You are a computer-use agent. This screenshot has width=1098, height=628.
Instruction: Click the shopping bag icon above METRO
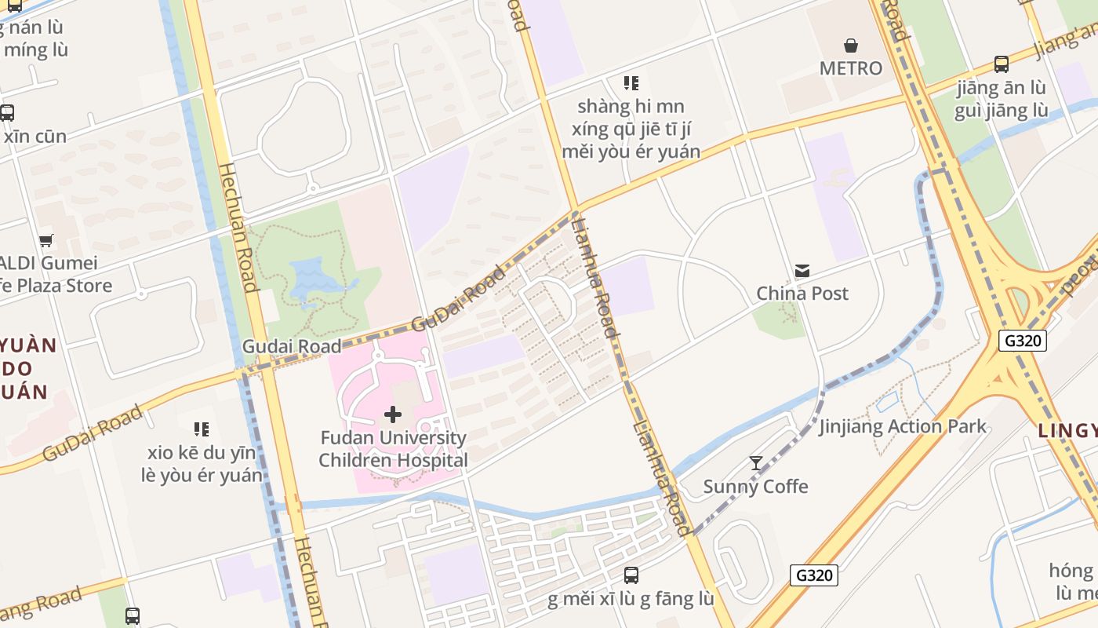pos(850,46)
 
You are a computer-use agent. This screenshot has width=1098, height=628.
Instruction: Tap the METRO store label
pos(850,68)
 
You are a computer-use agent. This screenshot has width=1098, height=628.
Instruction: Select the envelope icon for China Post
pos(802,271)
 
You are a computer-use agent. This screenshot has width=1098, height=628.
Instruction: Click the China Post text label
pos(802,294)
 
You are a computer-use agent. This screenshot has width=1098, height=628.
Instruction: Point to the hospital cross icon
pos(393,414)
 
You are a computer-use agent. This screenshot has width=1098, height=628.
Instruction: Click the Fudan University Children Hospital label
pos(393,449)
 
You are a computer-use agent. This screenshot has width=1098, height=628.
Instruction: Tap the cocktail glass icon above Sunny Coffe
pos(755,463)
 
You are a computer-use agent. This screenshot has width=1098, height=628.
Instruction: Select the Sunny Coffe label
pos(755,487)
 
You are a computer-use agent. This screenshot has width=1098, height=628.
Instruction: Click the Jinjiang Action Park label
pos(903,427)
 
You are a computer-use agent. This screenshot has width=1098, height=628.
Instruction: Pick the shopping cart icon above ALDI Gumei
pos(46,240)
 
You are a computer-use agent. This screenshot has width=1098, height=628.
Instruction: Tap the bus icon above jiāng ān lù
pos(1001,64)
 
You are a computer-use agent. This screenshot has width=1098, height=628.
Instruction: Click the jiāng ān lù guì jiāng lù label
pos(1001,99)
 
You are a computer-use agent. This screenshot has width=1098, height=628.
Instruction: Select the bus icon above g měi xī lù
pos(631,575)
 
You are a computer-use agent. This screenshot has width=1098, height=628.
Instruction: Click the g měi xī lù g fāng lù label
pos(631,599)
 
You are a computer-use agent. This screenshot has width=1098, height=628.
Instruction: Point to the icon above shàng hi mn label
pos(631,83)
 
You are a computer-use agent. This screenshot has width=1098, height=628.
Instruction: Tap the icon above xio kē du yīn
pos(202,429)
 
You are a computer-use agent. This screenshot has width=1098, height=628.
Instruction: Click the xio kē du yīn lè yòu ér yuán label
pos(202,464)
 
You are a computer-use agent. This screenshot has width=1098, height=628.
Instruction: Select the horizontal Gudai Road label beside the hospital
pos(291,346)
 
